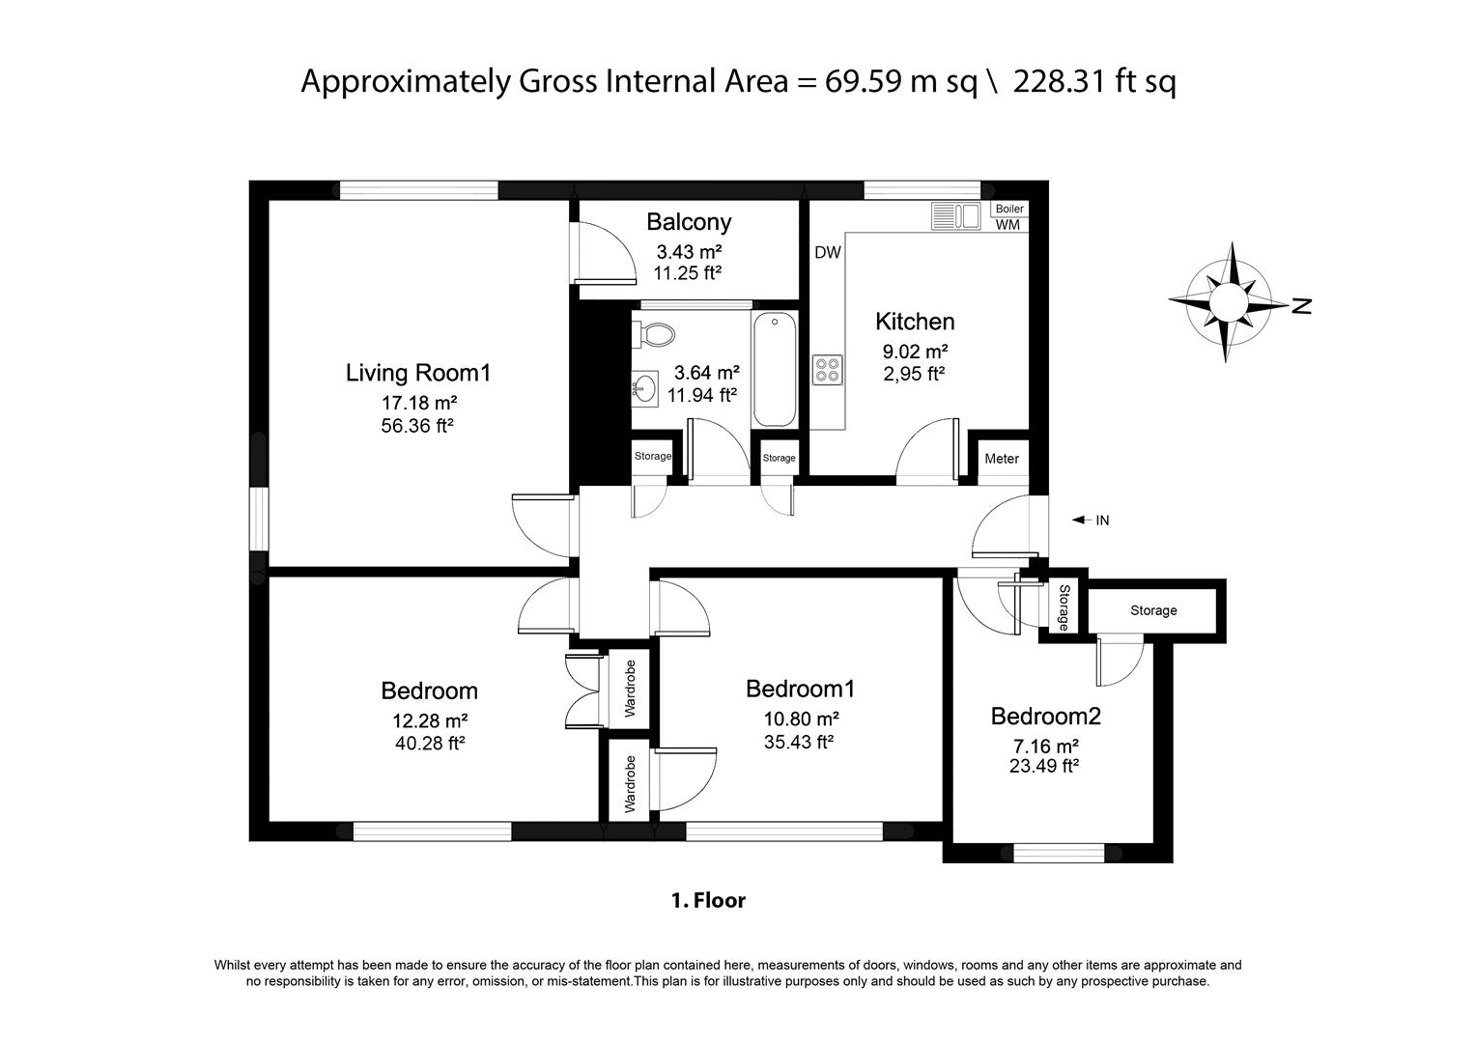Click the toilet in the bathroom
coord(653,334)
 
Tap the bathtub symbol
coord(775,369)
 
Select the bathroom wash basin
coord(644,388)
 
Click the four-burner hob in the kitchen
coord(827,370)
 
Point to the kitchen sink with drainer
coord(955,216)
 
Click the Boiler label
coord(1009,209)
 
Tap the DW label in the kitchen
coord(828,252)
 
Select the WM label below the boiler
coord(1007,224)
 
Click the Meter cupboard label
coord(1002,459)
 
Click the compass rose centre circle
coord(1227,303)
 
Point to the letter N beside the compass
coord(1301,306)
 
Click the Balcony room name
coord(689,222)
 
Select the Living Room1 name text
coord(418,374)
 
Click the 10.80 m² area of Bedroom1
coord(802,719)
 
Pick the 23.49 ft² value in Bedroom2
coord(1043,766)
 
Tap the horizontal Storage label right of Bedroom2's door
coord(1153,610)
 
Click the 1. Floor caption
coord(709,900)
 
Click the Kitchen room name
coord(915,322)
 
